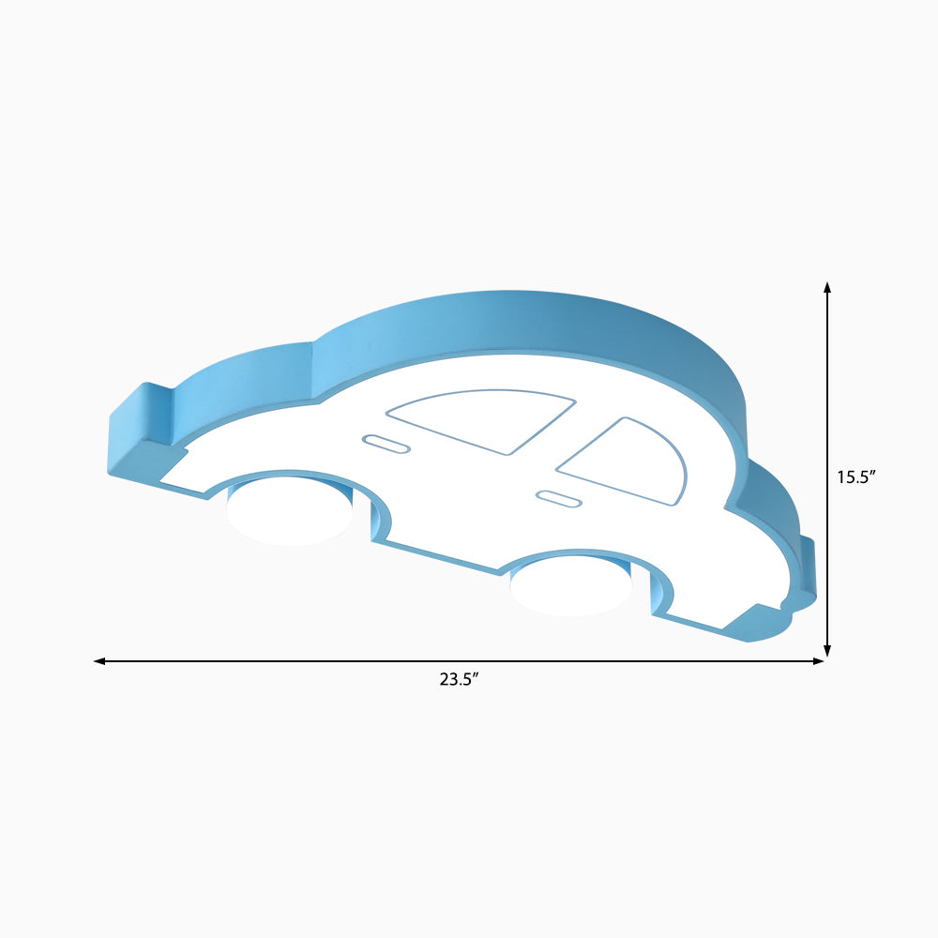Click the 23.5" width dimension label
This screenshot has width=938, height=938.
pyautogui.click(x=460, y=679)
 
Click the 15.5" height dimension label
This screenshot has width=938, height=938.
pyautogui.click(x=856, y=477)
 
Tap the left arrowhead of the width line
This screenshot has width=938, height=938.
pyautogui.click(x=99, y=661)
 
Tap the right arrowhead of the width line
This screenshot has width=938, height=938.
pyautogui.click(x=818, y=661)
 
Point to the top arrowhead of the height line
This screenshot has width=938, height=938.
pyautogui.click(x=827, y=287)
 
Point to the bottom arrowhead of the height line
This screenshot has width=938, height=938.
pyautogui.click(x=827, y=651)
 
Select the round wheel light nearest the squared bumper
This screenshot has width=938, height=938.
pyautogui.click(x=290, y=511)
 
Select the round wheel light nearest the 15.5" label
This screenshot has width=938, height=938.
pyautogui.click(x=570, y=585)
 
